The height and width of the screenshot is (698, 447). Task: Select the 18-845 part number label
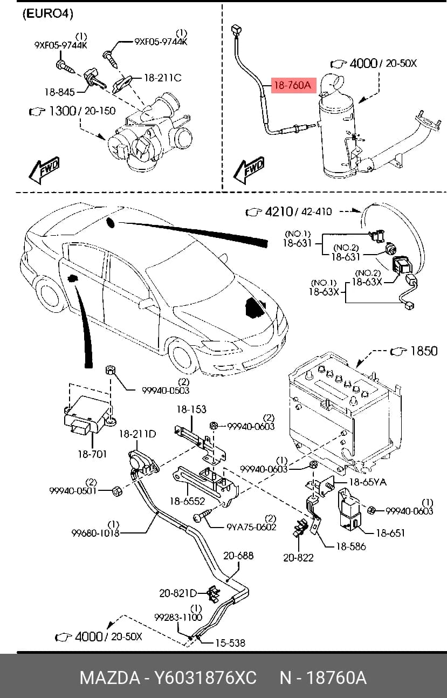pos(59,92)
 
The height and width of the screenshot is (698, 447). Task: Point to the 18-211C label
pos(163,78)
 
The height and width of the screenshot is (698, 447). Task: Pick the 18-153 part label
pos(191,409)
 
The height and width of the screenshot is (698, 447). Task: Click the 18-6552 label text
pos(187,501)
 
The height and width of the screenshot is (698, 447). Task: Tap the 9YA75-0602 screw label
pos(251,527)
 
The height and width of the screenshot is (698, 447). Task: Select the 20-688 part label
pos(238,556)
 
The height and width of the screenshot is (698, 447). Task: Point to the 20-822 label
pos(298,557)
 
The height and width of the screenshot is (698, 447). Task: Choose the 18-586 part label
pos(350,546)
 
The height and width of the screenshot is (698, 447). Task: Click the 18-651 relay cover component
pos(349,509)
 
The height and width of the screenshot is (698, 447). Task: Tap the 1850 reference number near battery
pos(424,351)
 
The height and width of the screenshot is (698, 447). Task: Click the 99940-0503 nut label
pos(166,391)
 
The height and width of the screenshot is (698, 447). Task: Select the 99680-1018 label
pos(95,533)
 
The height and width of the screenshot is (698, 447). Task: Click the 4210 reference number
pos(279,211)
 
